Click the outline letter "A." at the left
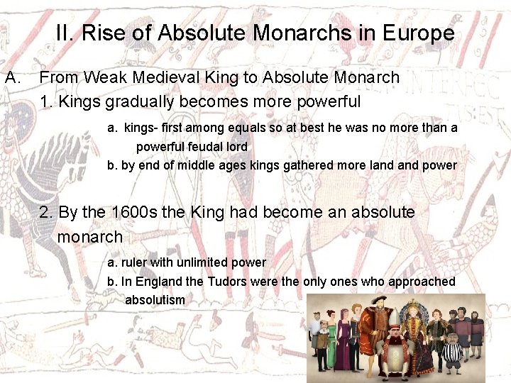click(14, 77)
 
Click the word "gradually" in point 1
click(139, 101)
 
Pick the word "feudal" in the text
click(205, 146)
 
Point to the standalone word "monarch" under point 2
click(90, 236)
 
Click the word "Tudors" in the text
click(229, 281)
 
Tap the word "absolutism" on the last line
click(155, 299)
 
